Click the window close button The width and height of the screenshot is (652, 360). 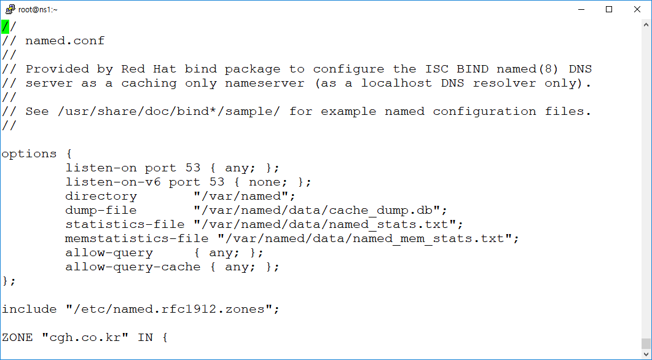[x=637, y=9]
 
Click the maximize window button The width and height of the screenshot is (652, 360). [x=609, y=9]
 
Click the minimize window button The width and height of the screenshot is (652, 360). [x=581, y=9]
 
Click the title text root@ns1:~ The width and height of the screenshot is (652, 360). [x=38, y=10]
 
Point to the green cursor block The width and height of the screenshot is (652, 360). [x=5, y=26]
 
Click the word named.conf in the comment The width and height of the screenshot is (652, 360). [x=65, y=41]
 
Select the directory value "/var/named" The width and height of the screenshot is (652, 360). [x=245, y=196]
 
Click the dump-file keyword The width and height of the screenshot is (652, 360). [x=93, y=210]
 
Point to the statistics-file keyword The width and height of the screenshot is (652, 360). [x=125, y=224]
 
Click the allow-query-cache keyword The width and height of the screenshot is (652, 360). [x=133, y=267]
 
